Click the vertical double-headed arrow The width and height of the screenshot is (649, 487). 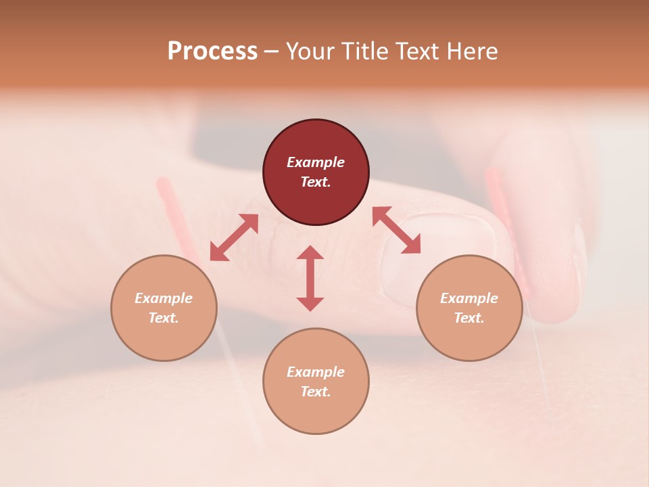310,278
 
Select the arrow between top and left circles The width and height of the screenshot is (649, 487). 234,237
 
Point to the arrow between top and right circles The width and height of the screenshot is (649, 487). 396,230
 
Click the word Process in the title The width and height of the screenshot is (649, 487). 212,51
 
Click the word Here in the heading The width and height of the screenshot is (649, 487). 471,51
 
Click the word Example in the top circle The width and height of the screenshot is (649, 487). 316,162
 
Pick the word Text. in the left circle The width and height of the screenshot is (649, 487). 164,318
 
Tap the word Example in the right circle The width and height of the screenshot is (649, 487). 469,298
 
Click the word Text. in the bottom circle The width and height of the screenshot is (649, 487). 316,392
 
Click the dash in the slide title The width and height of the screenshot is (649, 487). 271,51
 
